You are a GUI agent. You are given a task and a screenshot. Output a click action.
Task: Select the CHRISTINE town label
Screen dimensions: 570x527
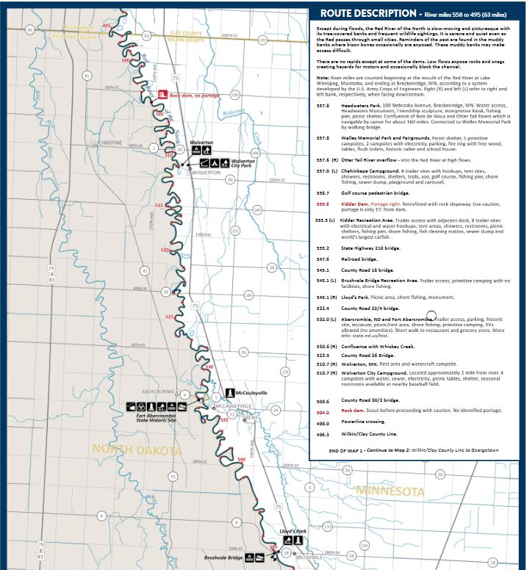111,142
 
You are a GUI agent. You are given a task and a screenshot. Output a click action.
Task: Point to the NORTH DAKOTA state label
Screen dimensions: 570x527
135,450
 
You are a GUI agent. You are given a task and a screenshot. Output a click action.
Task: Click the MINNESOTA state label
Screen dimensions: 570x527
390,490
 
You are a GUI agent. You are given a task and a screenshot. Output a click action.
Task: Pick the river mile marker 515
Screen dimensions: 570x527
159,205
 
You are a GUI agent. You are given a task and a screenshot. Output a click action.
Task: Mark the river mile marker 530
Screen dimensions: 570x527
209,367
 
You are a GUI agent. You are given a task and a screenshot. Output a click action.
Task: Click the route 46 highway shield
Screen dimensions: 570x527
29,29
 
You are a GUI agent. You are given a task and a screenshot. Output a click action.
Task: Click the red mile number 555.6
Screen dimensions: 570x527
322,204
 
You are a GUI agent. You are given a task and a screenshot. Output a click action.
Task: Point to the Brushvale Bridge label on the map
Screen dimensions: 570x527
224,558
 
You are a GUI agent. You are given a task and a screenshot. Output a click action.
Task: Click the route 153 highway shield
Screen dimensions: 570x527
286,372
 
